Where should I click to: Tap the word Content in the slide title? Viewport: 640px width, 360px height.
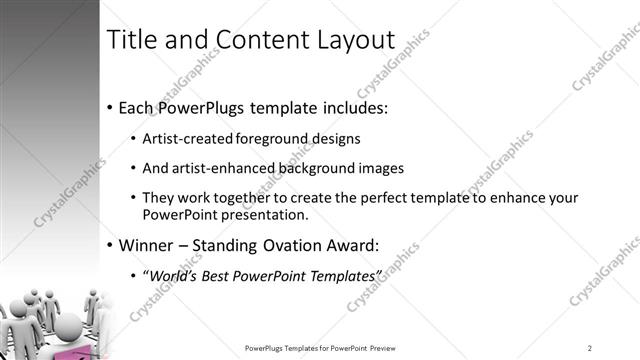coord(261,39)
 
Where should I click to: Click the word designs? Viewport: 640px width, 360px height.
coord(337,138)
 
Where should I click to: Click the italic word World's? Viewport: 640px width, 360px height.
coord(172,275)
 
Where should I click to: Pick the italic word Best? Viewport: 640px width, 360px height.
coord(218,275)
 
